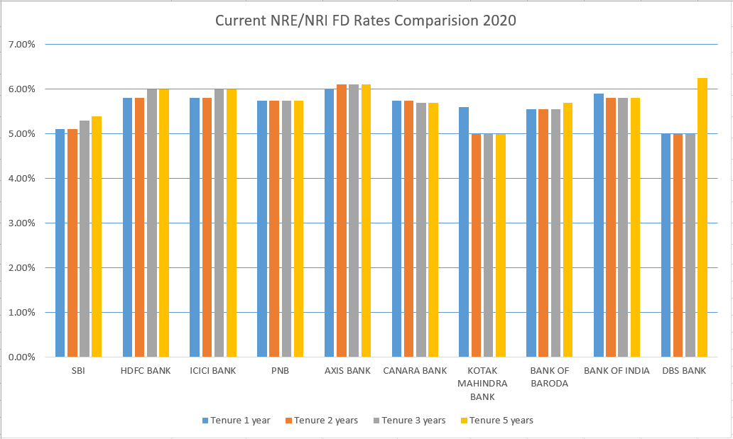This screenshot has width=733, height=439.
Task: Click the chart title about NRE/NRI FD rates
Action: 366,21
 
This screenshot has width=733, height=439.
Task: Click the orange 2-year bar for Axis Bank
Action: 342,221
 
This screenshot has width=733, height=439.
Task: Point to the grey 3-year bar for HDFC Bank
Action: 152,223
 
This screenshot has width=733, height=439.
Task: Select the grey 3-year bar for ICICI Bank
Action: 219,223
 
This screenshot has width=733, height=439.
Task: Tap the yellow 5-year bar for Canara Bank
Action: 433,230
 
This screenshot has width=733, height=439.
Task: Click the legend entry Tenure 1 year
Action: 235,421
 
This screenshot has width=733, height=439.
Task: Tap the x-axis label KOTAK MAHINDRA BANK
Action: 482,384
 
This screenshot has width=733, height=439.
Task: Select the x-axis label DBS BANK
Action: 684,371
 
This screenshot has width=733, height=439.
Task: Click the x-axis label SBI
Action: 77,371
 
